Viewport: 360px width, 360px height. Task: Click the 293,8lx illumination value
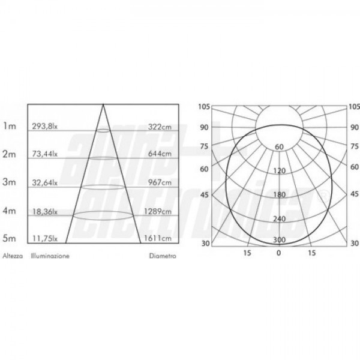point(45,126)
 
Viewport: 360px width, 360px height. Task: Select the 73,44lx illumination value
point(45,154)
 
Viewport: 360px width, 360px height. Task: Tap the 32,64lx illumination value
point(45,182)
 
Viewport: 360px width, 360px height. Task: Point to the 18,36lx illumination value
point(45,211)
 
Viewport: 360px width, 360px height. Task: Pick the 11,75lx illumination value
point(45,239)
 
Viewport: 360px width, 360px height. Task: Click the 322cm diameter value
point(160,127)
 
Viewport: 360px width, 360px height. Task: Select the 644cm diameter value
point(160,154)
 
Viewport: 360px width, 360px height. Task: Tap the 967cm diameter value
point(160,182)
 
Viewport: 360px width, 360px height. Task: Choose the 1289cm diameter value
point(158,211)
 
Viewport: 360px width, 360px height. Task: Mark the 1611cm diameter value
point(158,238)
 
